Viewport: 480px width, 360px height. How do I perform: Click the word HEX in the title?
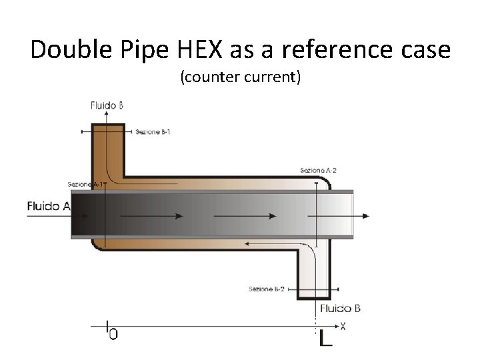point(193,49)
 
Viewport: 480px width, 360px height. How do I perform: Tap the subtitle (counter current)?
point(240,78)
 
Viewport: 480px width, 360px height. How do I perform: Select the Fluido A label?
point(49,206)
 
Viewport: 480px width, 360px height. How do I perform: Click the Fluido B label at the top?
point(107,105)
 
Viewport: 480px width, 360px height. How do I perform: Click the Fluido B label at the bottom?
point(340,308)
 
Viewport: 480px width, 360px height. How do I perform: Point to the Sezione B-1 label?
point(153,132)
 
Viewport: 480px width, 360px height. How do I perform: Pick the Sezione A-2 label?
point(318,171)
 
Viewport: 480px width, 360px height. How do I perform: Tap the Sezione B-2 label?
point(267,289)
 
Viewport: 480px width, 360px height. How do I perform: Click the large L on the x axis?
point(325,338)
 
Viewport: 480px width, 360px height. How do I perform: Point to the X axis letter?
point(343,326)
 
